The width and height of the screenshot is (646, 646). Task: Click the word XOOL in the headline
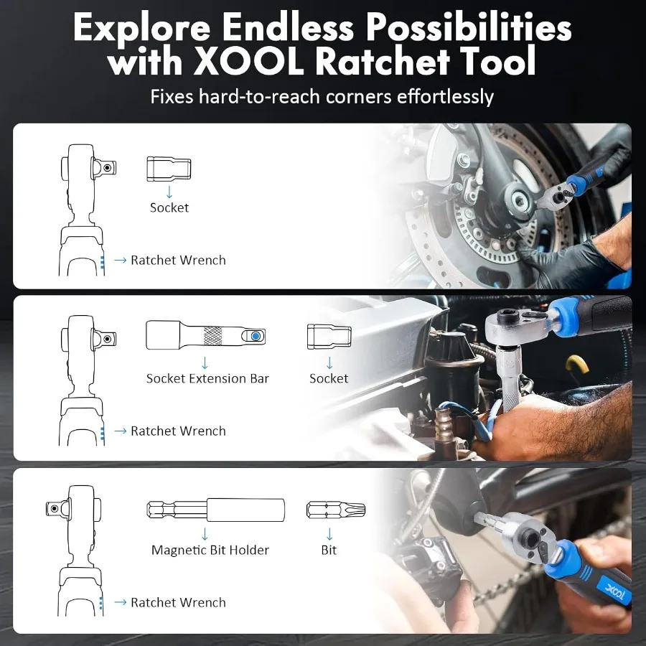[x=249, y=60]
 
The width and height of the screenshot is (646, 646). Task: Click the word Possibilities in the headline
[x=468, y=27]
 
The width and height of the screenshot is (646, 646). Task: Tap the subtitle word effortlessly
[x=445, y=97]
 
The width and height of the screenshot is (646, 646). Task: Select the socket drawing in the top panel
[x=169, y=169]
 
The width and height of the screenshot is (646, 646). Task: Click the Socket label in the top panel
[x=169, y=207]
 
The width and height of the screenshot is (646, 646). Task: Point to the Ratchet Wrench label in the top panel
[x=178, y=260]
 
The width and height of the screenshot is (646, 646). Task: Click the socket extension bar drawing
[x=205, y=335]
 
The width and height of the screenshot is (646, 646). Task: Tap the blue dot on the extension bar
[x=256, y=336]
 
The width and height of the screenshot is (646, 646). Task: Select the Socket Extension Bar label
[x=207, y=378]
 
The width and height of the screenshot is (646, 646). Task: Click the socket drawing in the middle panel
[x=329, y=336]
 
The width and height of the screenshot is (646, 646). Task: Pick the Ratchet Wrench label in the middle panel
[x=178, y=431]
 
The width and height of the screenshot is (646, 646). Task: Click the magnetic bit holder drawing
[x=216, y=510]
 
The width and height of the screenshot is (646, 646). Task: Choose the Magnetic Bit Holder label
[x=210, y=550]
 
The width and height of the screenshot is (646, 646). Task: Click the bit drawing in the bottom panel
[x=336, y=510]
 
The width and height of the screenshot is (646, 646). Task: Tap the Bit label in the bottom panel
[x=329, y=550]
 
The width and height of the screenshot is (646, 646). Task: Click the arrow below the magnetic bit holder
[x=205, y=534]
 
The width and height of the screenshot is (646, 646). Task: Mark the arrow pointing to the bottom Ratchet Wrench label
[x=121, y=602]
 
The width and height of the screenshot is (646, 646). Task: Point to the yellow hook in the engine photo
[x=577, y=365]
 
